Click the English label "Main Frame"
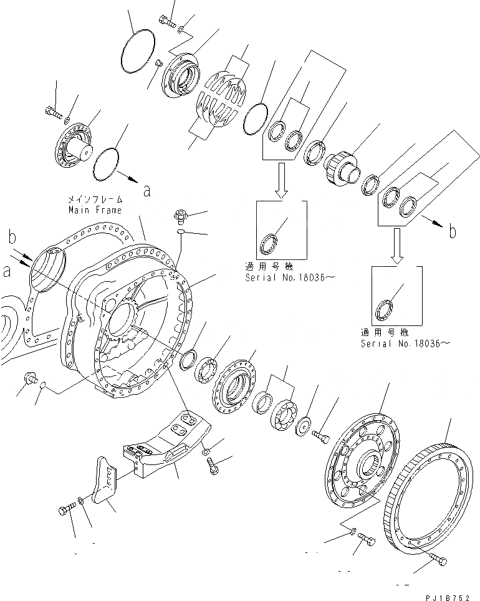coord(95,210)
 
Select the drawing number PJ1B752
coord(448,596)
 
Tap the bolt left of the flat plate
coord(64,511)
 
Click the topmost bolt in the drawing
coord(166,21)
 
